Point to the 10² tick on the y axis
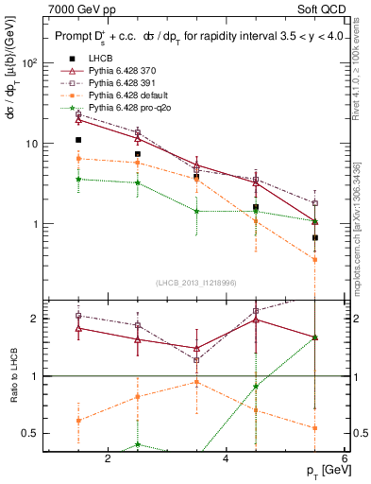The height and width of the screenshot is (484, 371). [29, 63]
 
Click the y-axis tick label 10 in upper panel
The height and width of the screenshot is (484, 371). [31, 144]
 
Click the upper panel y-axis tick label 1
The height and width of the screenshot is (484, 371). [34, 225]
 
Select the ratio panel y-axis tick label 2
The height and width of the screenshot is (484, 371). [34, 319]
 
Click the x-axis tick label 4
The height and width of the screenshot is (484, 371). [226, 458]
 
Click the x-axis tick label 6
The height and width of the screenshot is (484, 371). [343, 458]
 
